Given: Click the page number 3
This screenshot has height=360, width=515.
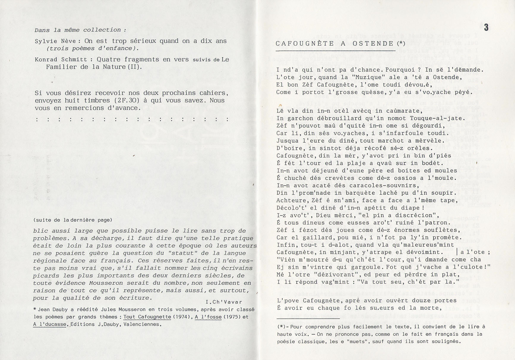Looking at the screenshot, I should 486,28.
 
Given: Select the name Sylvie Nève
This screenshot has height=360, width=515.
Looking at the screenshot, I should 56,41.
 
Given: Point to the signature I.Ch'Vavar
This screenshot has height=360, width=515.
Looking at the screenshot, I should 224,302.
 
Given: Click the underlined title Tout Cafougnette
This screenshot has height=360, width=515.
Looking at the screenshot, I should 147,317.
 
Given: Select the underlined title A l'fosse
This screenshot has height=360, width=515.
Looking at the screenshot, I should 208,317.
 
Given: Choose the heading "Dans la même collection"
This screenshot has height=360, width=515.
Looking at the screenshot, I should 80,30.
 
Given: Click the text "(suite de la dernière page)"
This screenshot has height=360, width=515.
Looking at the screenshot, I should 73,220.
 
